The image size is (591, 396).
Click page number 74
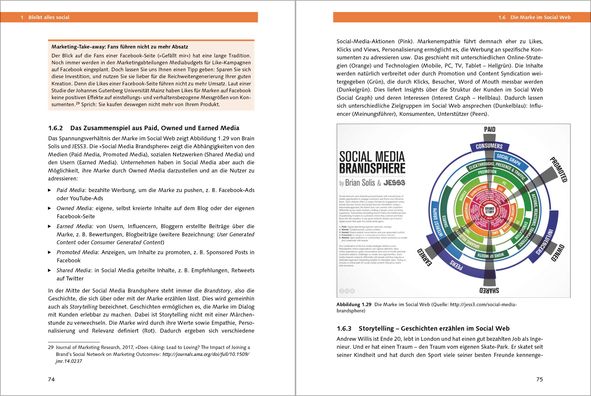click(x=51, y=379)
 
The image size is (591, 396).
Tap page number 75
click(x=540, y=379)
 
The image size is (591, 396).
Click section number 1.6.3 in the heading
click(x=344, y=329)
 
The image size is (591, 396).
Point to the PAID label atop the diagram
click(x=490, y=129)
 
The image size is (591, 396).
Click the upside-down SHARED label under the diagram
click(x=489, y=291)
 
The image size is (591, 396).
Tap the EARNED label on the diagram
click(x=424, y=257)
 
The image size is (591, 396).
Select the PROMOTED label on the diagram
click(x=559, y=170)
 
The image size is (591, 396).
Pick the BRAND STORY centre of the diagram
click(x=490, y=210)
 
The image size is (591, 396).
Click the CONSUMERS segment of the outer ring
click(x=489, y=146)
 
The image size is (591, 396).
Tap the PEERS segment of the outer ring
click(x=456, y=265)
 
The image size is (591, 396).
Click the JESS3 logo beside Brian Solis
click(x=394, y=183)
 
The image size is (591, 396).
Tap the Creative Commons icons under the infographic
click(x=347, y=291)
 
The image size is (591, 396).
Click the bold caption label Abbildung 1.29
click(x=354, y=305)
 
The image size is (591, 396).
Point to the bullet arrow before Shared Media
click(x=50, y=271)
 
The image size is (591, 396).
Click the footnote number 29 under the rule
click(x=51, y=347)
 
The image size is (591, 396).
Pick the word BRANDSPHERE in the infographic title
click(x=372, y=169)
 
